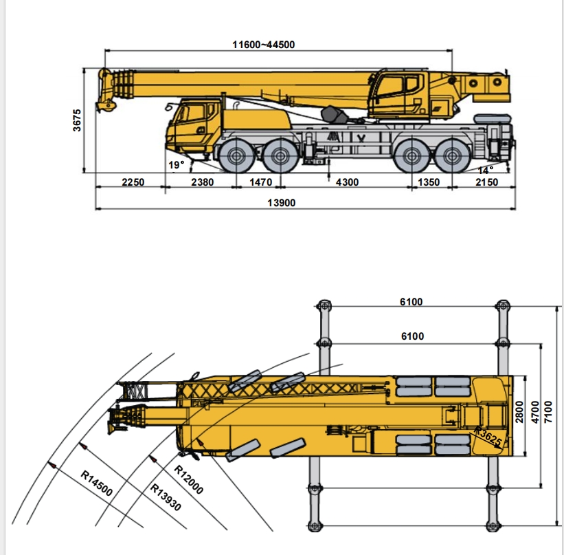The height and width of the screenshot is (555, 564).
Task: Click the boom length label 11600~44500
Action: click(264, 45)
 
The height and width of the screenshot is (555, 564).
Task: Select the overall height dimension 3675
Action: click(77, 120)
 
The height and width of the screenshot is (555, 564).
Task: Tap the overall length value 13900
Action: click(281, 203)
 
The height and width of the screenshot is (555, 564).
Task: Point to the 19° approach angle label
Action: click(177, 165)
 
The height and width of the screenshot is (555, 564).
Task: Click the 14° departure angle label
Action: click(486, 170)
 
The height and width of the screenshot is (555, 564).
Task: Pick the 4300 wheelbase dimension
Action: click(347, 182)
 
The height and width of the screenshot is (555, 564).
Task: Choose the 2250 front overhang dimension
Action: click(133, 182)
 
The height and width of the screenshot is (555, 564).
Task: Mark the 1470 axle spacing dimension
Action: click(261, 182)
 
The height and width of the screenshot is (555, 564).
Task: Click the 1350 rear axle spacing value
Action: click(429, 182)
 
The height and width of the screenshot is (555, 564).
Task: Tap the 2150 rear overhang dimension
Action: click(486, 182)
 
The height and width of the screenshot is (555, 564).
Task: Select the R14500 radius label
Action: click(96, 483)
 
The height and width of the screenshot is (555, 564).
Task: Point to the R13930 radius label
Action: click(165, 497)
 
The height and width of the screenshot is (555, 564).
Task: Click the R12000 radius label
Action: click(189, 479)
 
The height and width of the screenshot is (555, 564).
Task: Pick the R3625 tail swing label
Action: click(488, 436)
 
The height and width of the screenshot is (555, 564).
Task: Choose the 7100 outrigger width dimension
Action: click(548, 412)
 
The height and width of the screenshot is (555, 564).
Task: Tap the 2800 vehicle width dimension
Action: click(519, 412)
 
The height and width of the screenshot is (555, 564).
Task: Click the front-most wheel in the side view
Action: click(236, 156)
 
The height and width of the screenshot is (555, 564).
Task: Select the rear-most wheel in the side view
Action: click(453, 156)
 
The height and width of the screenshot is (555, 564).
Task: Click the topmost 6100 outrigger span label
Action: click(411, 302)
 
